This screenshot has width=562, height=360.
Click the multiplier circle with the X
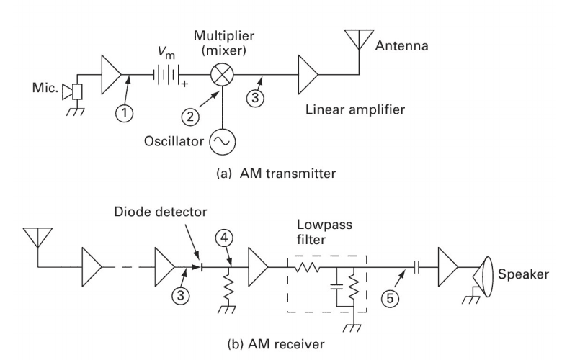pyautogui.click(x=218, y=73)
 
